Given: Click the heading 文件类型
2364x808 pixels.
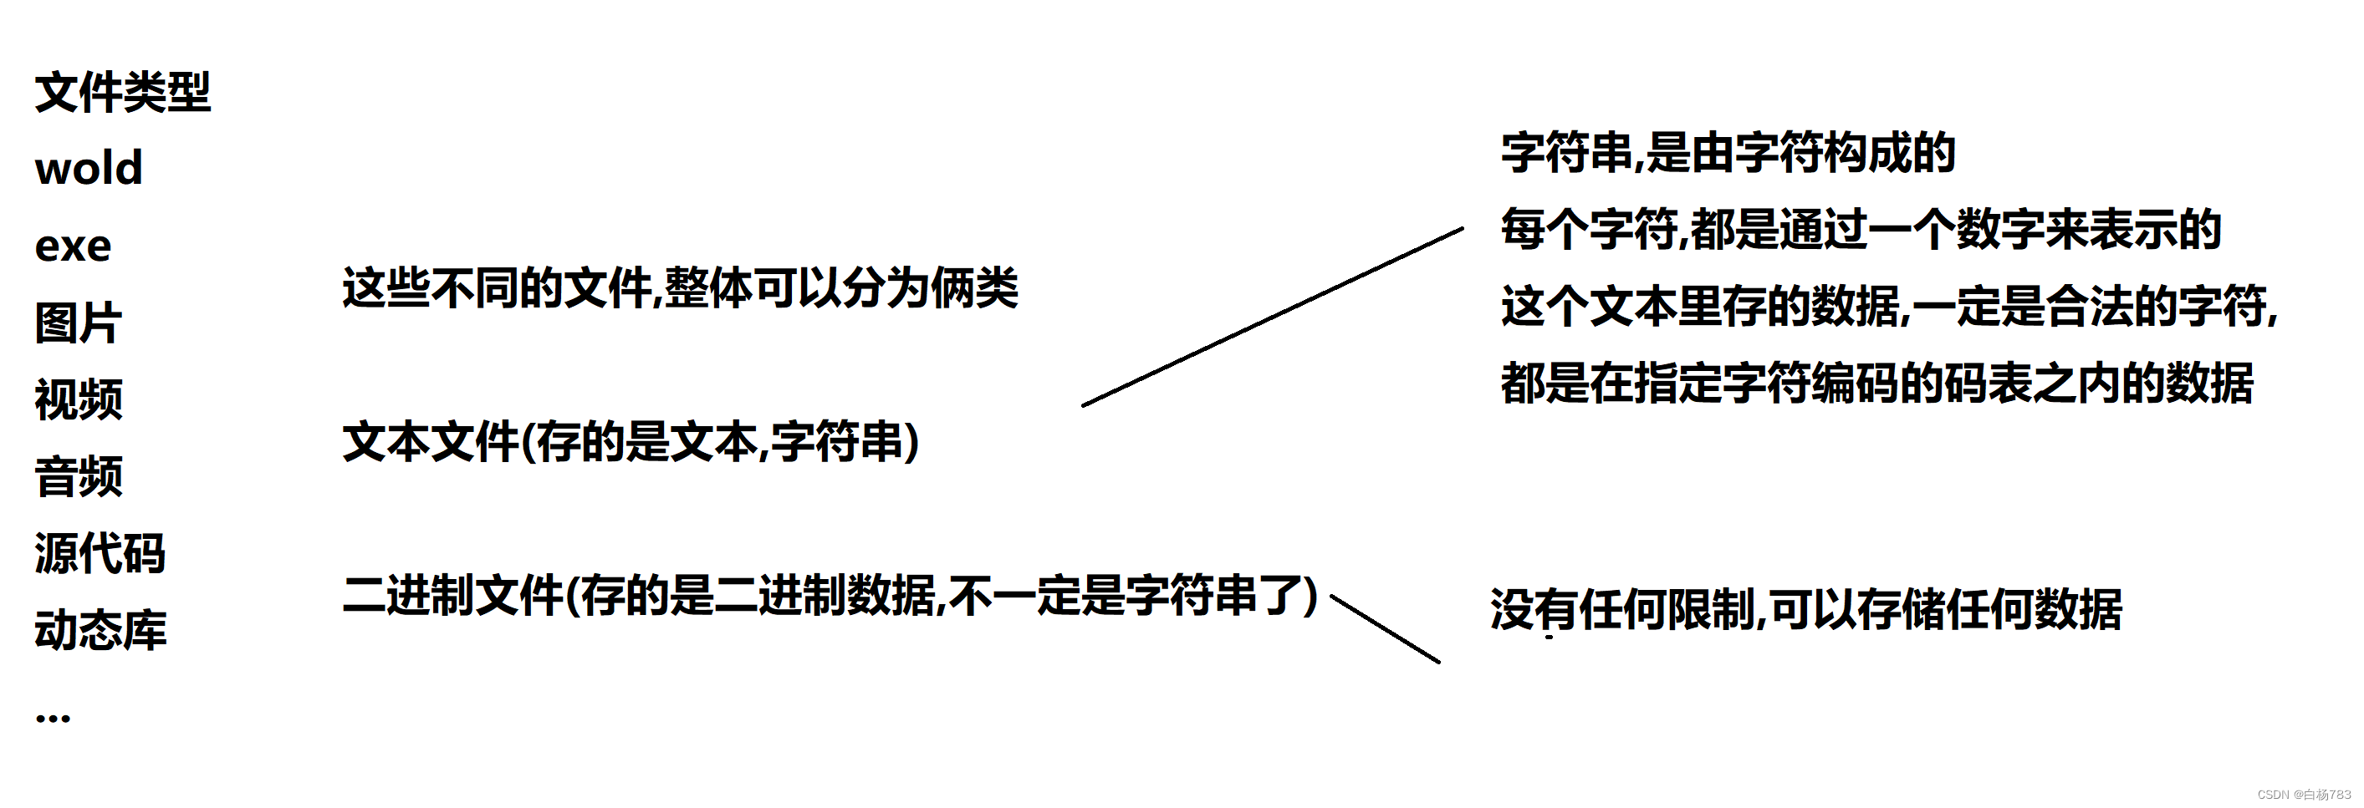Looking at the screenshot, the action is tap(123, 93).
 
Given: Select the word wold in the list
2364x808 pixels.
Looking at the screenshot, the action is tap(89, 169).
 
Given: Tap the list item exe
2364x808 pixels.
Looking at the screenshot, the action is tap(74, 246).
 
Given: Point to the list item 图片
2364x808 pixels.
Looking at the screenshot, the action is tap(78, 323).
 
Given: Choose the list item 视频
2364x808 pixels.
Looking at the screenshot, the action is tap(79, 400).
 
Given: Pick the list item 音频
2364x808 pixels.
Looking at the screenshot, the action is tap(79, 477).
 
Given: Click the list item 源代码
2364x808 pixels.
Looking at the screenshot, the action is tap(100, 554).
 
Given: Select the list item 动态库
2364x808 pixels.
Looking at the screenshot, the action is tap(101, 631).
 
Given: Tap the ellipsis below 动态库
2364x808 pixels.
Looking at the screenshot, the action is tap(54, 718).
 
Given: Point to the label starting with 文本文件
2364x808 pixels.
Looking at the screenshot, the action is tap(631, 442).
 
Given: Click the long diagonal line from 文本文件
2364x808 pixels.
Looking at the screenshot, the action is tap(1272, 317).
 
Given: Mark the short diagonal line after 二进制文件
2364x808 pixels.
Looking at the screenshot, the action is tap(1385, 628).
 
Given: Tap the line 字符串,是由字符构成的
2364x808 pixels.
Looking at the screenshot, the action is tap(1728, 153).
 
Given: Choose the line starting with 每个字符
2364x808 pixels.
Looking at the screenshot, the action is tap(1861, 229).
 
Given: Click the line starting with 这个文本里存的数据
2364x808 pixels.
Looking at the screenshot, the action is tap(1889, 307).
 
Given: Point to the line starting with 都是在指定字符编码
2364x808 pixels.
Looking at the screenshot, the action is tap(1876, 384).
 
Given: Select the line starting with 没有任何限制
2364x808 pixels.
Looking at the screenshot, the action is tap(1806, 610).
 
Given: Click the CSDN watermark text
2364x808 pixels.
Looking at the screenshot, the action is tap(2304, 795).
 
